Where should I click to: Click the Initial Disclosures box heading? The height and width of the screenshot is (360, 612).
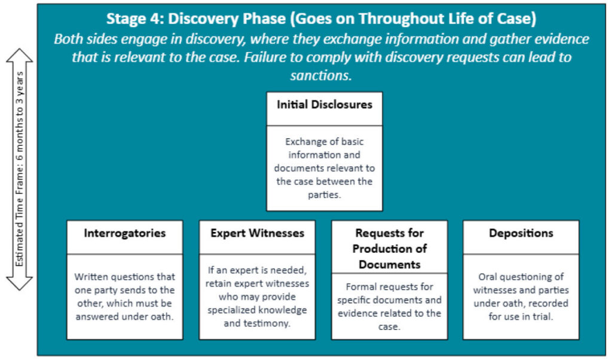(x=324, y=105)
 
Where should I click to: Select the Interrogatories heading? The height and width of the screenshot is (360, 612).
(x=125, y=233)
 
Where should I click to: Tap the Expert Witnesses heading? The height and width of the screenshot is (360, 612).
(x=257, y=233)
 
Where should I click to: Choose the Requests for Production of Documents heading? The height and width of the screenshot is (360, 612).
(x=389, y=248)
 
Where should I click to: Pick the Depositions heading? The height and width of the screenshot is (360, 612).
(x=521, y=233)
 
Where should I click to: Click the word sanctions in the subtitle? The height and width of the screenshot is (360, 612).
(x=322, y=76)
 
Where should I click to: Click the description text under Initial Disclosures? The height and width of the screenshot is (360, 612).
(x=324, y=169)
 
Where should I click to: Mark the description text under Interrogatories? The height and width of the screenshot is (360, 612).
(x=125, y=297)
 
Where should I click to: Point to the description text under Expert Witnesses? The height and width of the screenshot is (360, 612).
(x=257, y=297)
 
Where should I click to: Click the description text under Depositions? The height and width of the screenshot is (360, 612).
(x=521, y=297)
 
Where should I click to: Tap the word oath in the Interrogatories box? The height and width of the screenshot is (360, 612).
(x=160, y=316)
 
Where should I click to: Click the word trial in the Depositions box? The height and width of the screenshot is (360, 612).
(x=543, y=316)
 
